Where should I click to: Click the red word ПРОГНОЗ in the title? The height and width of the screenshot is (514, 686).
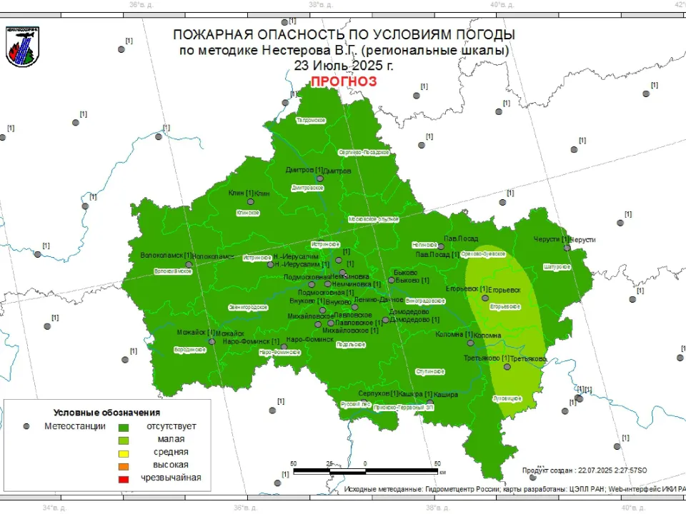343,81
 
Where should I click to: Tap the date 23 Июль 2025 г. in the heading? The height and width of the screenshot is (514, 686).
343,65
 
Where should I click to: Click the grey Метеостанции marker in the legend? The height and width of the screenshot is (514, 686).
27,426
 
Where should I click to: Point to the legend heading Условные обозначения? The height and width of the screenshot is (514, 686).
107,413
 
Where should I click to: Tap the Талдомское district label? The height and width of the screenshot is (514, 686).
311,120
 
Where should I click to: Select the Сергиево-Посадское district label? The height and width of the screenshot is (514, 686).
363,152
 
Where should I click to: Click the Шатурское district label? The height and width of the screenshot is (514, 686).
557,266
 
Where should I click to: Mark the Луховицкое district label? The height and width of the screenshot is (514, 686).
508,398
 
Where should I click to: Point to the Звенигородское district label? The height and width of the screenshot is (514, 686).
248,307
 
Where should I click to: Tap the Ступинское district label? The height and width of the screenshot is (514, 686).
431,372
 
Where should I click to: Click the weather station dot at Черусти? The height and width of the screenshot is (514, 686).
566,248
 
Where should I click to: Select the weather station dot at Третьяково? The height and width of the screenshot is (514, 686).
507,366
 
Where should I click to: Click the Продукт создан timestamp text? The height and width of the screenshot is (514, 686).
585,470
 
